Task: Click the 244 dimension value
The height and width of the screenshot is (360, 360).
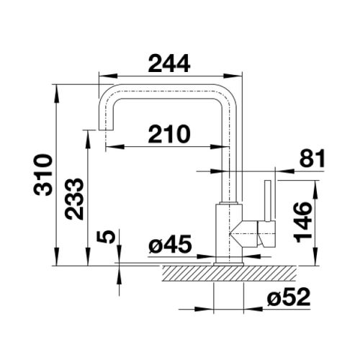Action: point(169,63)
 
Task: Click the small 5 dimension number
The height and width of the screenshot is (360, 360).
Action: point(106,237)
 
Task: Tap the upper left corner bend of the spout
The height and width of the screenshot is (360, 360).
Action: point(107,96)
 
